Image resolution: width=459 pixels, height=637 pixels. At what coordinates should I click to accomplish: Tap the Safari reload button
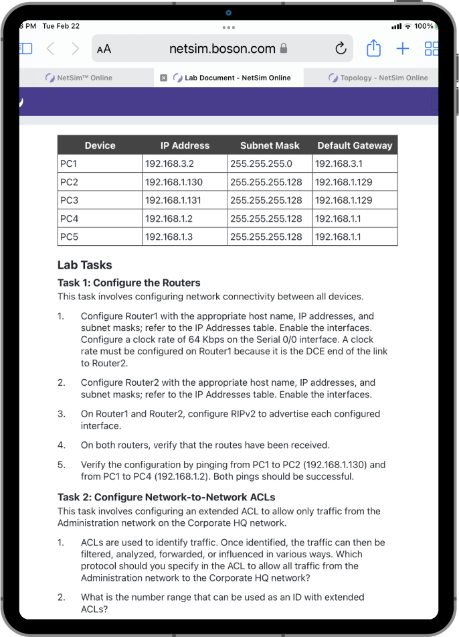(341, 48)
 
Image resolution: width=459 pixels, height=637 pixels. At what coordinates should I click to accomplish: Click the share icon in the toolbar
(373, 48)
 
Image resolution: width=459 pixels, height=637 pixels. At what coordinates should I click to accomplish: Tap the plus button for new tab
(402, 48)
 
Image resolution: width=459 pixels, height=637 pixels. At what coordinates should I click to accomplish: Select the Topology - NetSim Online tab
(378, 78)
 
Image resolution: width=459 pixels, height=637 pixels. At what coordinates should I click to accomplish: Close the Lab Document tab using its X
(163, 78)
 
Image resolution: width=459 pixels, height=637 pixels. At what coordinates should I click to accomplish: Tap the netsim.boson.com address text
(222, 48)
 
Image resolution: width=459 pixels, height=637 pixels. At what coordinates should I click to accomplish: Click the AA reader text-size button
(104, 49)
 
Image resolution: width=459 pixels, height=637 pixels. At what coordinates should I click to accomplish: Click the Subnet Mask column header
(270, 145)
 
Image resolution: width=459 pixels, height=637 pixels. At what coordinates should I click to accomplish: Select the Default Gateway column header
(355, 145)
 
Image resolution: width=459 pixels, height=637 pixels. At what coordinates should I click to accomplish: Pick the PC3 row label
(70, 200)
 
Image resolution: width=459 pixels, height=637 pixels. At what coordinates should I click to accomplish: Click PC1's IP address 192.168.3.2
(170, 163)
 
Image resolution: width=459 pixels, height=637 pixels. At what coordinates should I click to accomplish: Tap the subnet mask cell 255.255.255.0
(261, 163)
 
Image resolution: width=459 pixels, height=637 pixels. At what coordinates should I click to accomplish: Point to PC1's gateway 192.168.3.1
(339, 163)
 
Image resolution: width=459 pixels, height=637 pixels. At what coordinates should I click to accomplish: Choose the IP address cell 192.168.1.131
(173, 200)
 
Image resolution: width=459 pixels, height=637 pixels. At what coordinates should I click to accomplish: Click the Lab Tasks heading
(85, 265)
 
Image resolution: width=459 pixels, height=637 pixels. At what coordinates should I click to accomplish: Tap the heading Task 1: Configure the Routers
(129, 283)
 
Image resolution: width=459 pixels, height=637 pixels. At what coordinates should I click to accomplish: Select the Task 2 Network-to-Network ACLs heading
(167, 497)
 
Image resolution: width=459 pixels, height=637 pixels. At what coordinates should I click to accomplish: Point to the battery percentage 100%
(424, 26)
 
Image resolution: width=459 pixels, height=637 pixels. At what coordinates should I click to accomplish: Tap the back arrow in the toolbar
(51, 48)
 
